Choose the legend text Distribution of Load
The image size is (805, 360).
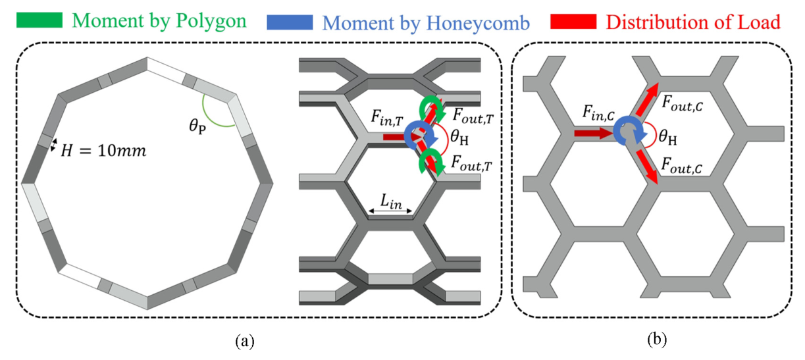click(692, 22)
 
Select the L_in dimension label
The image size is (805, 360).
click(390, 198)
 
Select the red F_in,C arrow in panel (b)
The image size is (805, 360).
click(592, 133)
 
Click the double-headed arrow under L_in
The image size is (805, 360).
click(390, 211)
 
